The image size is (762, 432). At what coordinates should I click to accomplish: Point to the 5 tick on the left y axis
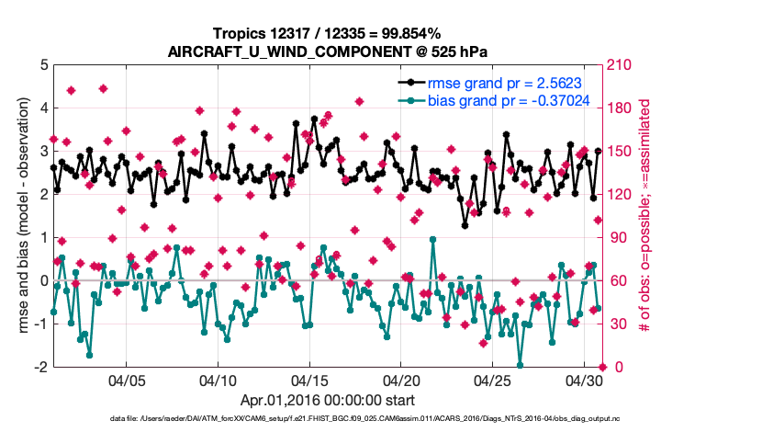pyautogui.click(x=43, y=65)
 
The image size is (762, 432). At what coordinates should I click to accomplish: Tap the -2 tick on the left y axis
pyautogui.click(x=41, y=367)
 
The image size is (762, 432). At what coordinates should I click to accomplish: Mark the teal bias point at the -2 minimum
pyautogui.click(x=521, y=366)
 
